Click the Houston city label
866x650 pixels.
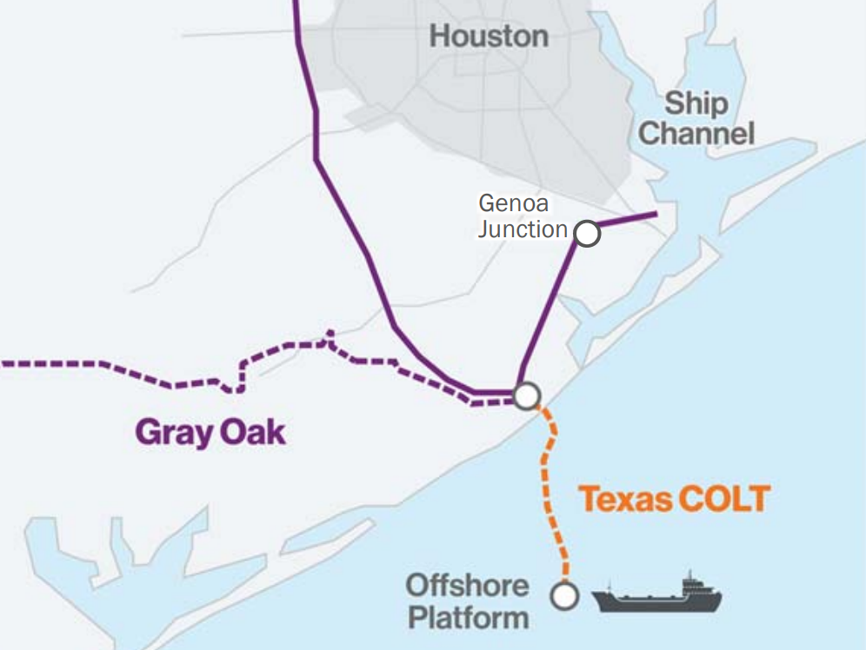(489, 36)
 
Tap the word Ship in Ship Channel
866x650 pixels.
(696, 104)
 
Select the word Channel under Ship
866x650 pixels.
(696, 134)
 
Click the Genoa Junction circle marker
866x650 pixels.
(588, 234)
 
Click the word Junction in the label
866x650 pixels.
(522, 229)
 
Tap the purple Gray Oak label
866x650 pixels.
(210, 432)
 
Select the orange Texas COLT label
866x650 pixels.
(675, 500)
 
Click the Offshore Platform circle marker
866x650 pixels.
(565, 595)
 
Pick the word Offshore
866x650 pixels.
(468, 585)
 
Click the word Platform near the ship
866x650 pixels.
(469, 618)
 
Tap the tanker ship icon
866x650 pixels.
(657, 596)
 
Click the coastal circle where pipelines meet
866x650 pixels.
(526, 396)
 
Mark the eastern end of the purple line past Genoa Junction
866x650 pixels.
(655, 214)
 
